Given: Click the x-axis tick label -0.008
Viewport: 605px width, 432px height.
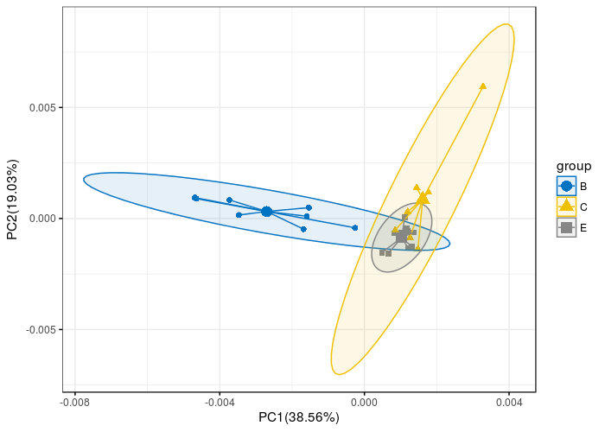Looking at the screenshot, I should pos(74,401).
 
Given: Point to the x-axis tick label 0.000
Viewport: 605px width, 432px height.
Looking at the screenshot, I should pos(365,401).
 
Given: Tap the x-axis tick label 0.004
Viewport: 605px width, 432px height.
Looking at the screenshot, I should pos(509,401).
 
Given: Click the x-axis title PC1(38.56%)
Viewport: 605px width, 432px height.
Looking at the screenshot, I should pos(299,417).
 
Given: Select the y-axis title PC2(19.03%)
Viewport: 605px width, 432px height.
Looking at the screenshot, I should pos(12,200).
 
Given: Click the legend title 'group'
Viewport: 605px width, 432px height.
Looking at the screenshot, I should pos(574,166).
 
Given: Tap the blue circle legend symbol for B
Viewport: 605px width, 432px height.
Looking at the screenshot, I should pos(566,186).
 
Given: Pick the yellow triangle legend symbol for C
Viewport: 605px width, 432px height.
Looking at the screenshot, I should pos(566,206).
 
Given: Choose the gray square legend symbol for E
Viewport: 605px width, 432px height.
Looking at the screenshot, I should pos(566,227).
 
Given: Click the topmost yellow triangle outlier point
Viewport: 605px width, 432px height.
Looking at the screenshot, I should pos(482,86).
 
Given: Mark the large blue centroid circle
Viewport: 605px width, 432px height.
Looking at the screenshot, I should pos(266,212).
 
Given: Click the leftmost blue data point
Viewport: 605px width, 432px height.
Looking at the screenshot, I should pos(195,198).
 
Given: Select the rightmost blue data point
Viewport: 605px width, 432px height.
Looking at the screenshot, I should pos(355,228).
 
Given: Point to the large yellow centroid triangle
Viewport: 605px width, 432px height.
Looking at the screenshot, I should pos(422,199).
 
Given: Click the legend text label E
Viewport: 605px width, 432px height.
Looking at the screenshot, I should pos(584,227).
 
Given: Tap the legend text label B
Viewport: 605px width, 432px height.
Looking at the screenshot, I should pos(584,186).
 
